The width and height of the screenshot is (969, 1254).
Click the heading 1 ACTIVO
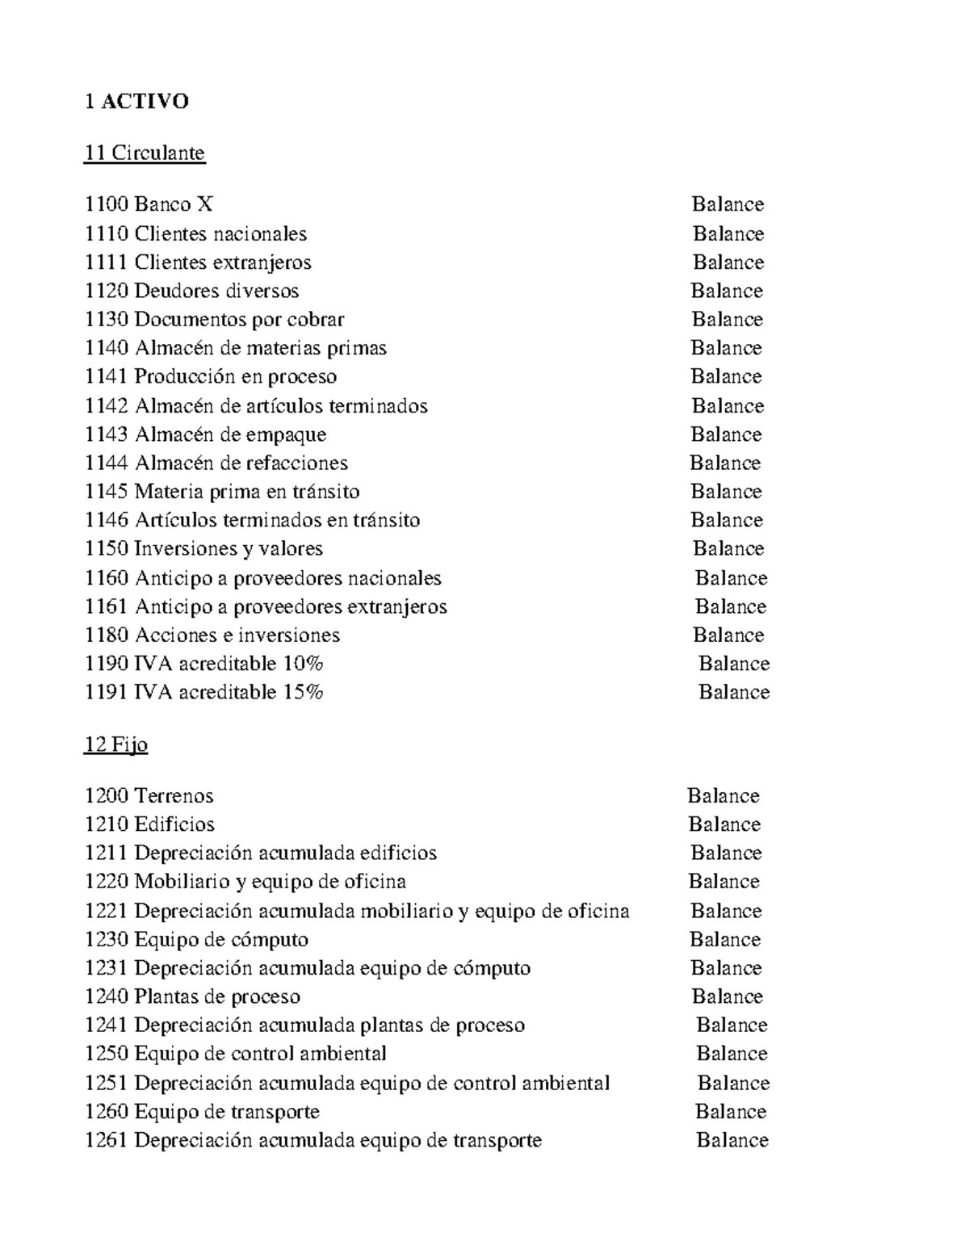pyautogui.click(x=136, y=101)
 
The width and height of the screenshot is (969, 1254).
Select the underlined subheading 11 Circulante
pyautogui.click(x=145, y=153)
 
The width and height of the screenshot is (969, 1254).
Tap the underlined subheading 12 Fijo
pyautogui.click(x=115, y=744)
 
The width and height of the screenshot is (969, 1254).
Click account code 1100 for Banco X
pyautogui.click(x=106, y=204)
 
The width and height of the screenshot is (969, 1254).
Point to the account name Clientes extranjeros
pyautogui.click(x=223, y=262)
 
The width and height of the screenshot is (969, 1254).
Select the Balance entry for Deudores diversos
pyautogui.click(x=726, y=291)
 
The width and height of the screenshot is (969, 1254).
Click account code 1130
pyautogui.click(x=106, y=320)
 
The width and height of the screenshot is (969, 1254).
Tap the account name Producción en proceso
pyautogui.click(x=236, y=377)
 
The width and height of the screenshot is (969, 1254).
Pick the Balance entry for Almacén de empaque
pyautogui.click(x=726, y=434)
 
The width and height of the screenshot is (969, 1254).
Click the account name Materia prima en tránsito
pyautogui.click(x=247, y=492)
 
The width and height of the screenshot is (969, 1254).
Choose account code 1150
pyautogui.click(x=106, y=549)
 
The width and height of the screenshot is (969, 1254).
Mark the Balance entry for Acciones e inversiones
pyautogui.click(x=728, y=635)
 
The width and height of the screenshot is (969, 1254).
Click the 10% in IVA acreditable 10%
pyautogui.click(x=303, y=664)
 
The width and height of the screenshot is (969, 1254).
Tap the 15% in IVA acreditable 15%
pyautogui.click(x=303, y=692)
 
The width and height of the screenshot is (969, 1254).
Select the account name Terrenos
pyautogui.click(x=174, y=796)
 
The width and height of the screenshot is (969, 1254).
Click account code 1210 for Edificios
pyautogui.click(x=106, y=824)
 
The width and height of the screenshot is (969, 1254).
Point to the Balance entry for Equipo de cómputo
pyautogui.click(x=725, y=940)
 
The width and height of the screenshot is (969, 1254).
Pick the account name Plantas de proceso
pyautogui.click(x=217, y=997)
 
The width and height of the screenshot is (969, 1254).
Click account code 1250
pyautogui.click(x=106, y=1055)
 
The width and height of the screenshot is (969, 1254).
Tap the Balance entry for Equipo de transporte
pyautogui.click(x=731, y=1112)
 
